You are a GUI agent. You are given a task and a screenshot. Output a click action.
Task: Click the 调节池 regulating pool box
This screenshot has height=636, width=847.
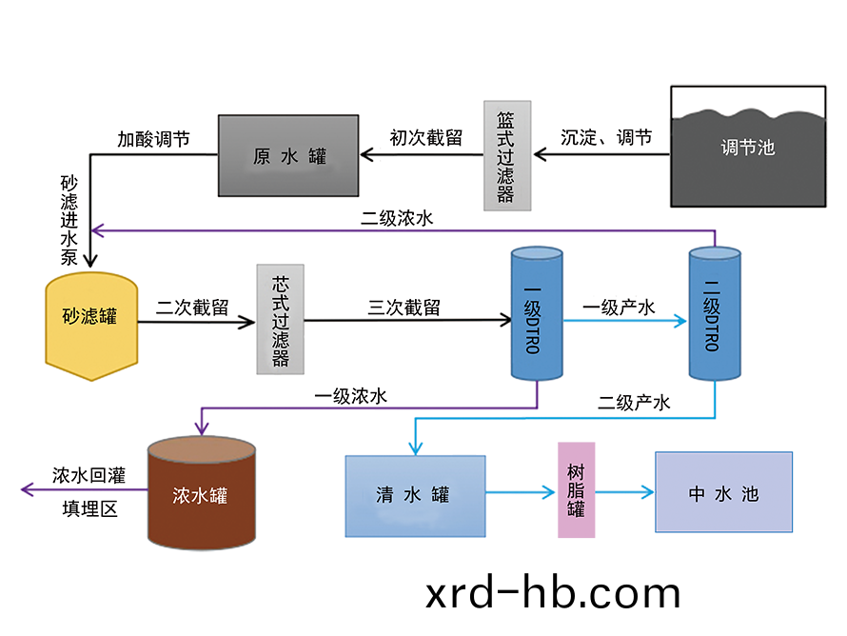click(x=748, y=147)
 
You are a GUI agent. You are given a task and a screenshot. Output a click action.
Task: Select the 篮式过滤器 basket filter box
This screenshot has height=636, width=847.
click(x=504, y=155)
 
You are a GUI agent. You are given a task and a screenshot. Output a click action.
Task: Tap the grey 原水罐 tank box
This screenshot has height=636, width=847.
click(x=288, y=156)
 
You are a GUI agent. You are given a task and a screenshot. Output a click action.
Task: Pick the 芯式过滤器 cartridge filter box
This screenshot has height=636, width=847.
click(x=280, y=319)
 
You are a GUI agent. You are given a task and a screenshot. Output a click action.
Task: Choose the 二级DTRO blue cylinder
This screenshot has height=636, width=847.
click(x=714, y=314)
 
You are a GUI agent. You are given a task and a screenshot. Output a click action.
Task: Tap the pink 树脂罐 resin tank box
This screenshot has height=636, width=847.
click(x=576, y=490)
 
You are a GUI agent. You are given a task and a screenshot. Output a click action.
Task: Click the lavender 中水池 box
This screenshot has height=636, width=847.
click(x=723, y=492)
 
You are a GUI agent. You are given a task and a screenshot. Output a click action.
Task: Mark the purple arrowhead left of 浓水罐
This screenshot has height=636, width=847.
click(x=28, y=489)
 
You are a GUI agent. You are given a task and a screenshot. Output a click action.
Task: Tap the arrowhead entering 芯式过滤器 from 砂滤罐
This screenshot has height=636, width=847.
click(x=248, y=323)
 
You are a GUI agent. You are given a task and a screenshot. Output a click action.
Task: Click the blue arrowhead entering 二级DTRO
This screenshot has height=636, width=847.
click(x=680, y=322)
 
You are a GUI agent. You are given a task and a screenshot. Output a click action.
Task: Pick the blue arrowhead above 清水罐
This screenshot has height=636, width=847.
click(x=414, y=447)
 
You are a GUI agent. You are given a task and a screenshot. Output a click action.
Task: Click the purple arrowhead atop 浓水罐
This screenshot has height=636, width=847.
click(x=200, y=427)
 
